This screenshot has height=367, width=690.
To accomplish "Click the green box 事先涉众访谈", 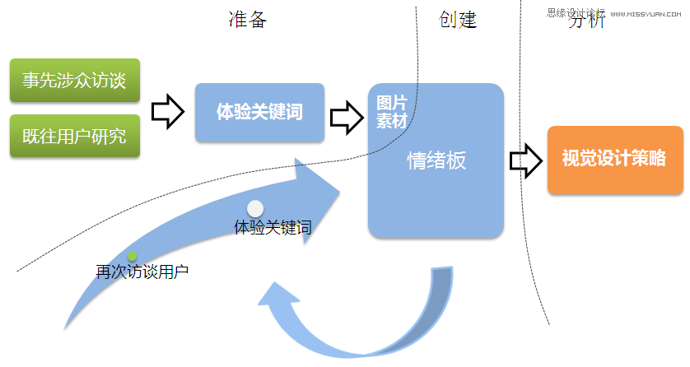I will pos(74,81).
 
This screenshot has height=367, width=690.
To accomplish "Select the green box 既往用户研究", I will pos(74,136).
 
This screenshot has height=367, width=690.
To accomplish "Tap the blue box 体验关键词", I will pos(259,112).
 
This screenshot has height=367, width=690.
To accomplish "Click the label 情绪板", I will pos(436,160).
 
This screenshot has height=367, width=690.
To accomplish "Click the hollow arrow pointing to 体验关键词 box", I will pos(168,110).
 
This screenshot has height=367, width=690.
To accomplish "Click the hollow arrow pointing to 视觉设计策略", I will pos(526,160).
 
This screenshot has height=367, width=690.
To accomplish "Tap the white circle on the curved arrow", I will pos(256,209).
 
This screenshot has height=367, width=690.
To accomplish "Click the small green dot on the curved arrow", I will pos(132,256).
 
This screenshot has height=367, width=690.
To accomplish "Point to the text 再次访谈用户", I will pos(142,271).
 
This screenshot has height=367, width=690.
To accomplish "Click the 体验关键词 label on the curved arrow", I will pos(273,227).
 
